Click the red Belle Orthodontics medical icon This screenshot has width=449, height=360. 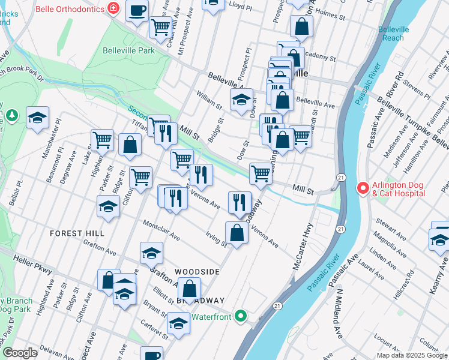coord(112,8)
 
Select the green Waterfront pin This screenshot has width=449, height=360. coord(241,315)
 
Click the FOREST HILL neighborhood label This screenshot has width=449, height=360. coord(77,233)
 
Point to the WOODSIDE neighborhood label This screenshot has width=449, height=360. coord(197,272)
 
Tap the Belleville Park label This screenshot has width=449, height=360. coord(128,50)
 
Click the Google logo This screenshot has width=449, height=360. coord(20,353)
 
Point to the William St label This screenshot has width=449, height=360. coord(209,99)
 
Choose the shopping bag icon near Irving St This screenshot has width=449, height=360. coord(237,233)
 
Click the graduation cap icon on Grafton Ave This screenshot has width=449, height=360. coord(151,253)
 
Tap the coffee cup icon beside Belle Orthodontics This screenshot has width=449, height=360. coord(137,10)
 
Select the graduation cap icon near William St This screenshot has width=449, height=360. coord(241,100)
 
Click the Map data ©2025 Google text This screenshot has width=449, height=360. coord(412,355)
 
